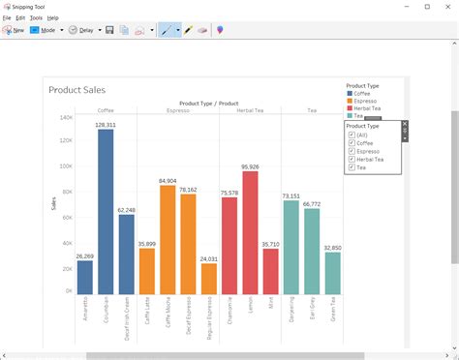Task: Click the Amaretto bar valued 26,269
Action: [x=85, y=277]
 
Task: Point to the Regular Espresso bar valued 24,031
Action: [x=209, y=278]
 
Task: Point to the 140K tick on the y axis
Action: [x=66, y=117]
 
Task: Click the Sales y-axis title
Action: [x=53, y=203]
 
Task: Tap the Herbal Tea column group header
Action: [x=250, y=110]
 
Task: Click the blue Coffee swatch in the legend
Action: [x=350, y=94]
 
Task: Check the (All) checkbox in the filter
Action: [x=351, y=135]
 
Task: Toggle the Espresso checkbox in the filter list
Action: [x=351, y=151]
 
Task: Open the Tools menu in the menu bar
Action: [x=36, y=17]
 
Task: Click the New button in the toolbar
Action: [x=14, y=30]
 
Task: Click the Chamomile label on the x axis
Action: [x=229, y=313]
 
